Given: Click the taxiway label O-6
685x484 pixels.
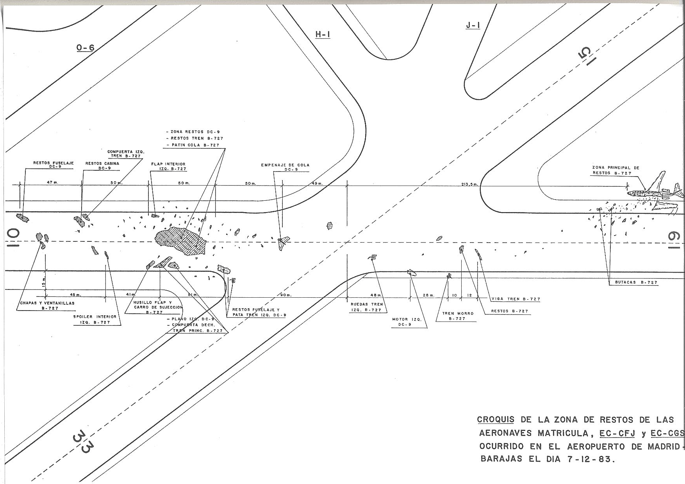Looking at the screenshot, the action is pyautogui.click(x=85, y=48).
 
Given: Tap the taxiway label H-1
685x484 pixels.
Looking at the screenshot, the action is pyautogui.click(x=323, y=35).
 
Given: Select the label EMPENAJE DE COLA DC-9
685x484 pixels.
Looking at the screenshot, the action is pyautogui.click(x=285, y=167).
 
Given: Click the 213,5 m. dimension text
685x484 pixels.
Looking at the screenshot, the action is pyautogui.click(x=469, y=184).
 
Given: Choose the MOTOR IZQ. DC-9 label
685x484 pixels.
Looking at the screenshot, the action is pyautogui.click(x=407, y=321).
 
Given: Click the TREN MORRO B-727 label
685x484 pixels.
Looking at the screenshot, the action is pyautogui.click(x=458, y=316).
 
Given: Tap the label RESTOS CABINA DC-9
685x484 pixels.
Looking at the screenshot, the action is pyautogui.click(x=102, y=166).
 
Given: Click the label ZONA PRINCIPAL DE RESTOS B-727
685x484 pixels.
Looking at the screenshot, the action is pyautogui.click(x=615, y=170).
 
